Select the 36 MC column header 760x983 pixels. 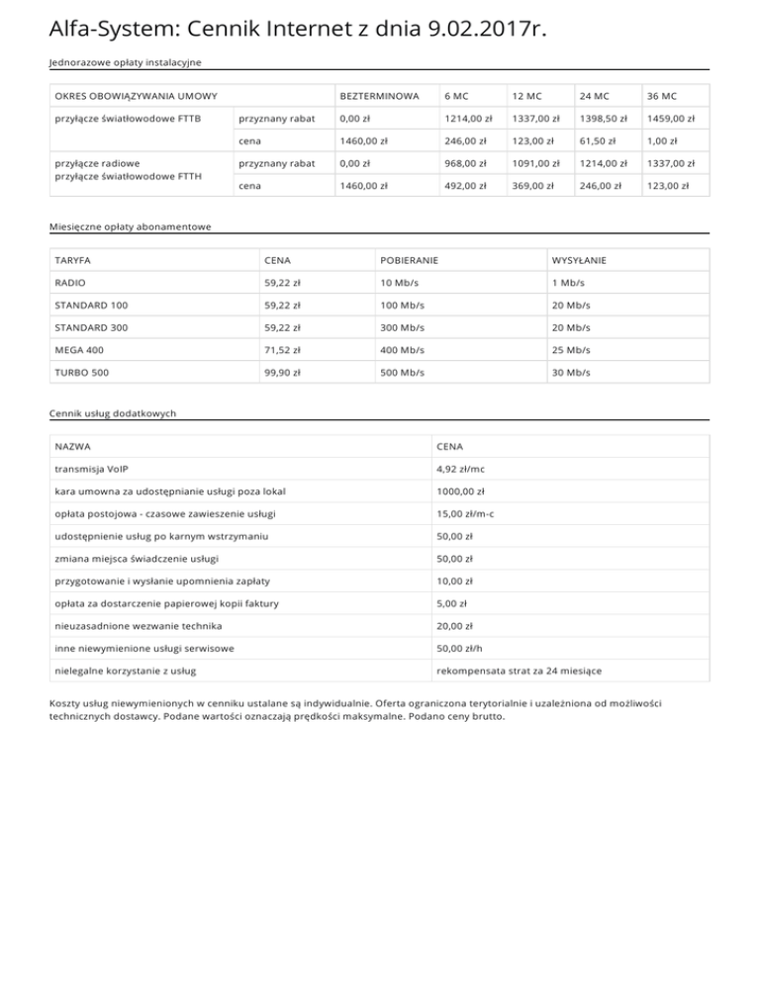pyautogui.click(x=661, y=96)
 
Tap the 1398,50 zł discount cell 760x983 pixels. pyautogui.click(x=602, y=119)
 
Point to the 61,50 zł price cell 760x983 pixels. pyautogui.click(x=597, y=140)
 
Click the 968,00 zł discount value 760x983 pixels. pyautogui.click(x=467, y=163)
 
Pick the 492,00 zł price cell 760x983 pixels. pyautogui.click(x=465, y=185)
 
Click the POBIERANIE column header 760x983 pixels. pyautogui.click(x=409, y=260)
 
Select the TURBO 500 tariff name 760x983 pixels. pyautogui.click(x=81, y=372)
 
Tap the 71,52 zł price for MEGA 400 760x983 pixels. pyautogui.click(x=282, y=350)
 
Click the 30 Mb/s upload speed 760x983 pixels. pyautogui.click(x=570, y=372)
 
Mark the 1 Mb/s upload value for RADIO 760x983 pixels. pyautogui.click(x=567, y=283)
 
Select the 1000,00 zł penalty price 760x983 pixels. pyautogui.click(x=460, y=491)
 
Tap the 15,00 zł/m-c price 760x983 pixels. pyautogui.click(x=465, y=513)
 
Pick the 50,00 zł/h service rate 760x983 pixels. pyautogui.click(x=458, y=648)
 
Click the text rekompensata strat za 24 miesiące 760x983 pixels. pyautogui.click(x=518, y=670)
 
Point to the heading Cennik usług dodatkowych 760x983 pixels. pyautogui.click(x=113, y=413)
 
